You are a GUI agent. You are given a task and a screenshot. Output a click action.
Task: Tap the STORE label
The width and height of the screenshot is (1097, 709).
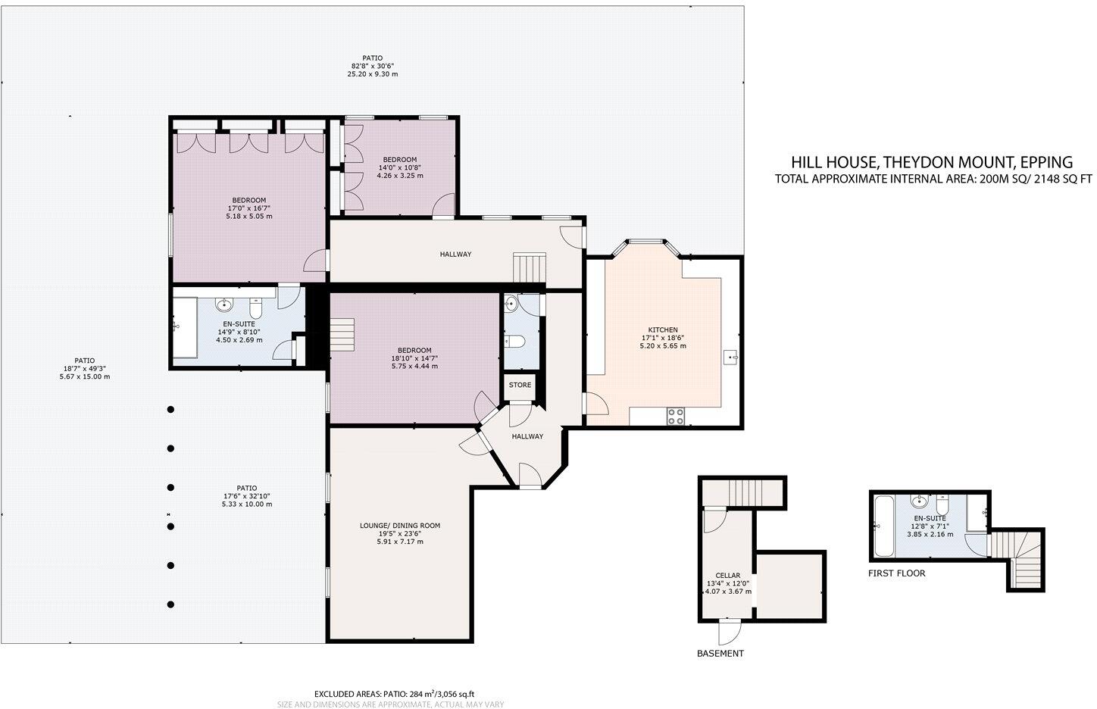coord(520,385)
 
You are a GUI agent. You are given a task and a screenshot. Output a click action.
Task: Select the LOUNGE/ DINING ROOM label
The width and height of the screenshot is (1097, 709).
coord(399,526)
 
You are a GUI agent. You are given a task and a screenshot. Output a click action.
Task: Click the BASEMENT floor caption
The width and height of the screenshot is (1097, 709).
coord(720,654)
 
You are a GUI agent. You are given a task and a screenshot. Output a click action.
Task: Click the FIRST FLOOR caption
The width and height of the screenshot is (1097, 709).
coord(896,573)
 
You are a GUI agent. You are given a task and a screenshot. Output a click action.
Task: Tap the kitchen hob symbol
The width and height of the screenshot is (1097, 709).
coord(674,416)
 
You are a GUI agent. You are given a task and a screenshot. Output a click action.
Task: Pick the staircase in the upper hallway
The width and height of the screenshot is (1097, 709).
coord(530,267)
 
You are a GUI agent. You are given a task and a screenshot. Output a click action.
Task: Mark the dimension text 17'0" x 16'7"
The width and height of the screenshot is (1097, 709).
coord(248,208)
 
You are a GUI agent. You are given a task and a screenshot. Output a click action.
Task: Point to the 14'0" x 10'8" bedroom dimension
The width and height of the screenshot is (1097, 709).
coord(400,167)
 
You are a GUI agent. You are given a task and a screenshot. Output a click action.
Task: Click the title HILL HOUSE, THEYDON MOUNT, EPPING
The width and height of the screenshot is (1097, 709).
coord(932,161)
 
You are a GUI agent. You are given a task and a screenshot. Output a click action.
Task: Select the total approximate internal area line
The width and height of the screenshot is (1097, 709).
coord(933,180)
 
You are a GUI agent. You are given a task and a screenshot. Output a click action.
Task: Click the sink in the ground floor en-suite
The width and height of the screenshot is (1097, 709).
coord(224,306)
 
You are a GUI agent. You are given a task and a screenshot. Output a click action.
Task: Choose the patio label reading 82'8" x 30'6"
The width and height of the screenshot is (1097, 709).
coord(372,66)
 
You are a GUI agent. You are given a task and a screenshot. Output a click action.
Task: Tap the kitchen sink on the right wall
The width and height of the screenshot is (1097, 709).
coord(730,355)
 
